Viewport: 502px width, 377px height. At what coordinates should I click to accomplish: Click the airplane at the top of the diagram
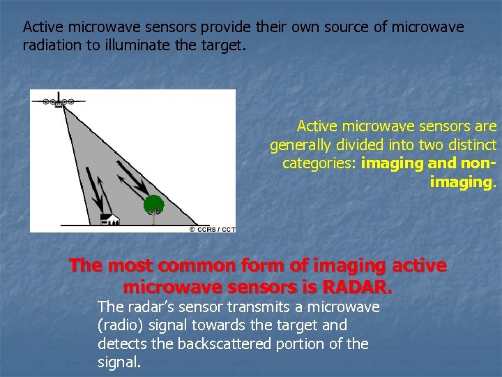[x=58, y=101]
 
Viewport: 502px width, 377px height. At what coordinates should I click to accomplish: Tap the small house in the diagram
[x=110, y=219]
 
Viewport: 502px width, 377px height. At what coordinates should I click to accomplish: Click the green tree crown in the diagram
[x=153, y=205]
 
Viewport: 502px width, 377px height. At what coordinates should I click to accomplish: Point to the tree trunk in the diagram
[x=153, y=219]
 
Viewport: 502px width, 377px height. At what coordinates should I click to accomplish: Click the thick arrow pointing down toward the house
[x=90, y=185]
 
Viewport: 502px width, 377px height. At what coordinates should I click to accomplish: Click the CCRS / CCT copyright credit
[x=212, y=229]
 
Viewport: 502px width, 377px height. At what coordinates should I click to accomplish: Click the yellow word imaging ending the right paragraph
[x=462, y=182]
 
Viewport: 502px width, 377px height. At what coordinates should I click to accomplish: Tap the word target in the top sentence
[x=225, y=45]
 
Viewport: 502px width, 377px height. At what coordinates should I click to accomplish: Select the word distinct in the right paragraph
[x=473, y=145]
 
